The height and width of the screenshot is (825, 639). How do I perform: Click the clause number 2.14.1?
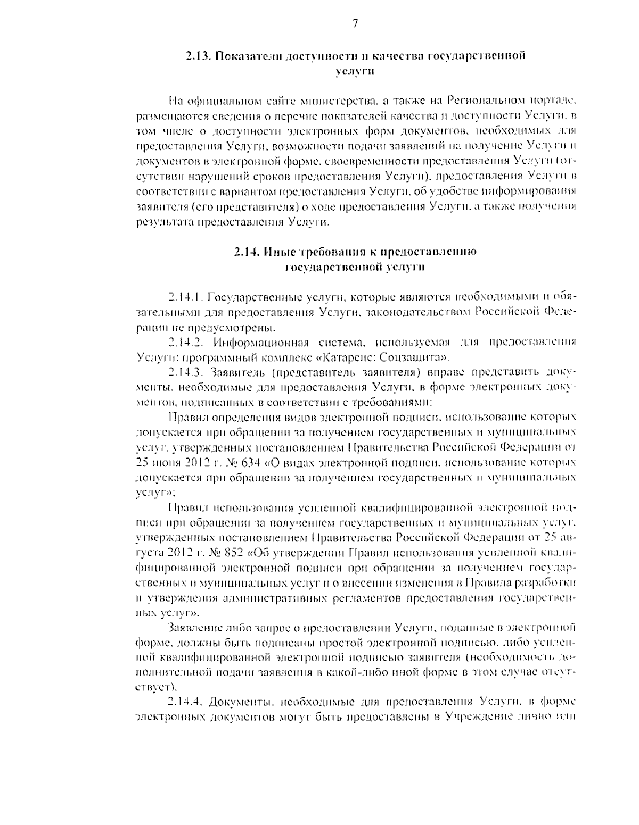(x=185, y=296)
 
